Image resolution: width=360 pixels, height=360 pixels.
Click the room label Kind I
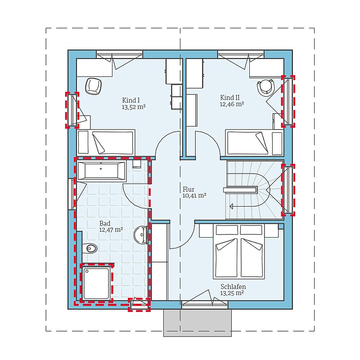[x=131, y=100]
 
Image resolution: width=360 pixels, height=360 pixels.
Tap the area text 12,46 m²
[x=232, y=104]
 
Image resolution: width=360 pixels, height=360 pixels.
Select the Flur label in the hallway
[x=189, y=189]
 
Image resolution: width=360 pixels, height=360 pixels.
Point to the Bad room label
[x=105, y=223]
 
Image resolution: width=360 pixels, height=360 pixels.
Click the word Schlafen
[x=233, y=287]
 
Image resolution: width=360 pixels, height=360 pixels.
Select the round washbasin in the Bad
[x=140, y=234]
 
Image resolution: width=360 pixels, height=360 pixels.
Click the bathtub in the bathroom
[x=102, y=171]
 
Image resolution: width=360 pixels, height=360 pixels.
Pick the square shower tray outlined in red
[x=96, y=283]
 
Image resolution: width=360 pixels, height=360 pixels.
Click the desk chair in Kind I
[x=93, y=86]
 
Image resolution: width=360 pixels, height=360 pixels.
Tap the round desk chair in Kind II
[x=266, y=87]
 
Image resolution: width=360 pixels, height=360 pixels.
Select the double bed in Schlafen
[x=239, y=252]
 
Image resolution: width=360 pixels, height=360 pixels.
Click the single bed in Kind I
[x=106, y=142]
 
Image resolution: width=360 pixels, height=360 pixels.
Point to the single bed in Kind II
[x=254, y=142]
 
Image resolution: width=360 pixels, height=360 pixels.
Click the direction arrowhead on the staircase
[x=231, y=206]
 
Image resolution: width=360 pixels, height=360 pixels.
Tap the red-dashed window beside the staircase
[x=288, y=190]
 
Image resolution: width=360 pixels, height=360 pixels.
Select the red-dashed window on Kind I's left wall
[x=72, y=110]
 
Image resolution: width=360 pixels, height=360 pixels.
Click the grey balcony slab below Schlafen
[x=198, y=323]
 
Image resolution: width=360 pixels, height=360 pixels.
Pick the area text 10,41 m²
[x=194, y=196]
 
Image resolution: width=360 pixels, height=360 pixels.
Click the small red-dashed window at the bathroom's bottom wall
[x=139, y=305]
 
